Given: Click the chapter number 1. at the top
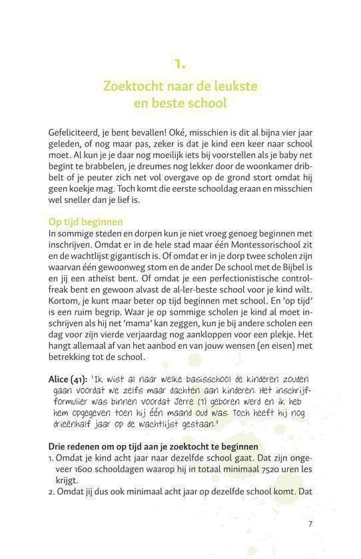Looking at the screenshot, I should tap(180, 65).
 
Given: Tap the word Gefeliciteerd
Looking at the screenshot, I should tap(77, 132).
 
